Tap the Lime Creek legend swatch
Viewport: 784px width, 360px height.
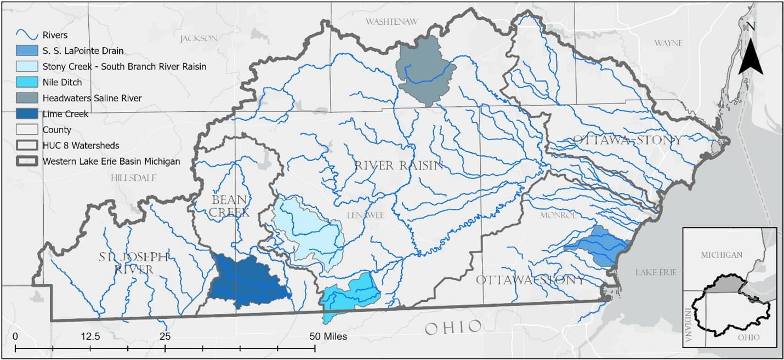[x=27, y=114]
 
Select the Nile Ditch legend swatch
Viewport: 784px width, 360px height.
[x=27, y=82]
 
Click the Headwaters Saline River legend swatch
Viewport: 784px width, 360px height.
[x=27, y=98]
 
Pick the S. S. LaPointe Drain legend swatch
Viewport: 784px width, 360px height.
[x=27, y=51]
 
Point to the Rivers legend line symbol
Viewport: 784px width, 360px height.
[x=27, y=35]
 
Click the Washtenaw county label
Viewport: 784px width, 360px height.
[x=391, y=21]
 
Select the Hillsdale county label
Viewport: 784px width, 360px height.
[x=133, y=178]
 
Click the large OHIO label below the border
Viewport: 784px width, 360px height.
[x=453, y=328]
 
